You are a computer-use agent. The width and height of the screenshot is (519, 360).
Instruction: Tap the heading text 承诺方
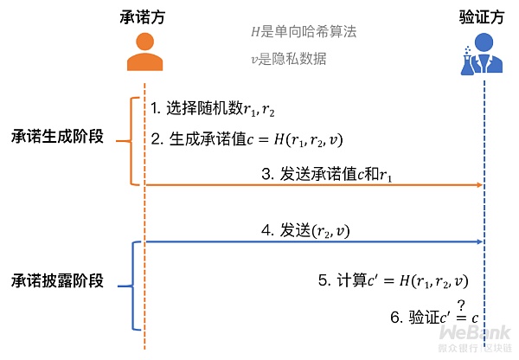(144, 17)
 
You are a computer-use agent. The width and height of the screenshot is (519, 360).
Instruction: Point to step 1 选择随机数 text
(212, 110)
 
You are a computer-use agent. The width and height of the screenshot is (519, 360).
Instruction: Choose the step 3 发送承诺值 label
(331, 174)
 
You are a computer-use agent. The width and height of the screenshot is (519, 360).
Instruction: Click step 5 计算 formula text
(393, 280)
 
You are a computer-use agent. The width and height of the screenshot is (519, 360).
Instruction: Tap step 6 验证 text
(432, 318)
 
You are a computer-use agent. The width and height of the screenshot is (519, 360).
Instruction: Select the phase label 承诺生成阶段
(57, 138)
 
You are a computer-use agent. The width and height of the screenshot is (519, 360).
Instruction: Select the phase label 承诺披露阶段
(57, 281)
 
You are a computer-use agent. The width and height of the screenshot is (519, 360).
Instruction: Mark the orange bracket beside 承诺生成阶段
(132, 141)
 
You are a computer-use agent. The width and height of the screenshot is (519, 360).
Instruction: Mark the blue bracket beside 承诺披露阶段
(132, 286)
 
